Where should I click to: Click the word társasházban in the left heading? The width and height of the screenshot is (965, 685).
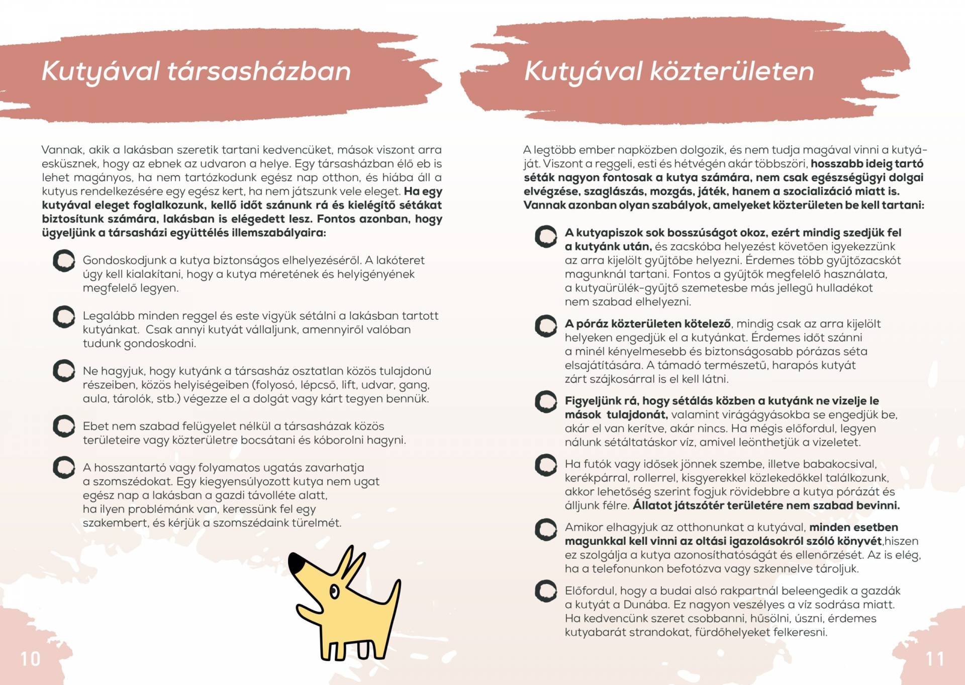coord(258,71)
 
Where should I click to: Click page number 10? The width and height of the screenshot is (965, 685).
coord(30,659)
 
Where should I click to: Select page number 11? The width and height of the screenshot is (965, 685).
coord(935,659)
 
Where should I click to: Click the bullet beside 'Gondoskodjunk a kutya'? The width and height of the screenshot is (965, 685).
coord(64,261)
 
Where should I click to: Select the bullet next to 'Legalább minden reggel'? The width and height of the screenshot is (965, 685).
coord(64,316)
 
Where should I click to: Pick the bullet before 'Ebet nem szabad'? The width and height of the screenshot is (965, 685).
coord(64,426)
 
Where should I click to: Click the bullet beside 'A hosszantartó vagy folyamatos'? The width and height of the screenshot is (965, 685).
coord(64,468)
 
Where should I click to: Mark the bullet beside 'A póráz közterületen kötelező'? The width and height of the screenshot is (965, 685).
coord(546,326)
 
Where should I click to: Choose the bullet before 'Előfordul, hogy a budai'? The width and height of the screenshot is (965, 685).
coord(546,591)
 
